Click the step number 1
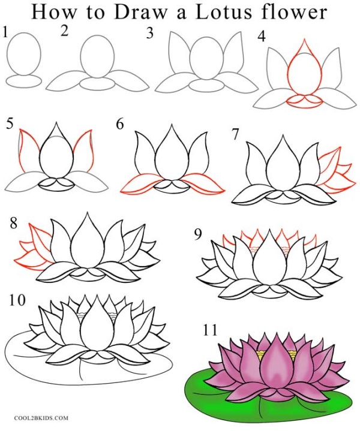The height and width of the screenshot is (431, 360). click(x=6, y=34)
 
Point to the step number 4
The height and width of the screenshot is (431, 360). click(x=262, y=37)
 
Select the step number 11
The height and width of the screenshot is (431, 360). click(x=211, y=330)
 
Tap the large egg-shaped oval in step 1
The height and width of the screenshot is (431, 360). click(x=25, y=53)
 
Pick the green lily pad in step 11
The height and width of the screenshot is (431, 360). click(x=204, y=387)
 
